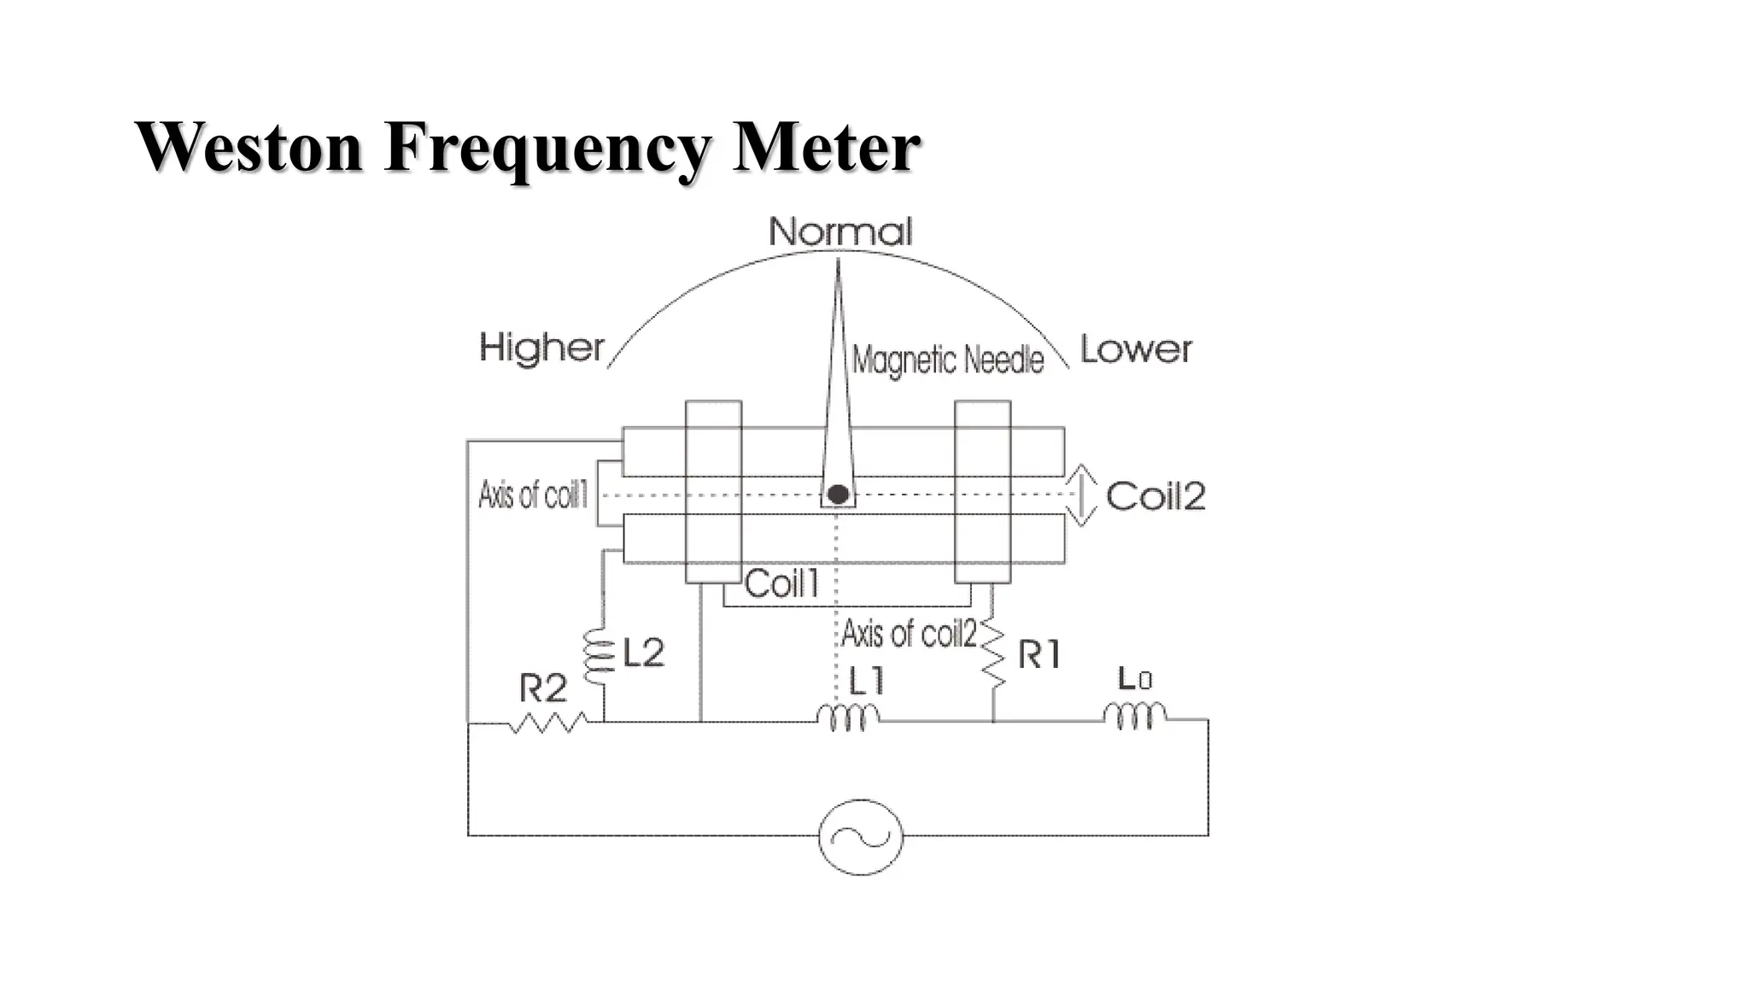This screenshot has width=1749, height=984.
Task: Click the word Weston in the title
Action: click(249, 147)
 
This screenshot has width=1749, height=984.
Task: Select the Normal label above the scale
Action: click(840, 231)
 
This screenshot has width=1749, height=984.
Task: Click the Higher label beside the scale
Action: click(541, 348)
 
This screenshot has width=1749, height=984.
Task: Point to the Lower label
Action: click(1136, 349)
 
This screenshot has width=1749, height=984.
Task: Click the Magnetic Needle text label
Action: click(948, 360)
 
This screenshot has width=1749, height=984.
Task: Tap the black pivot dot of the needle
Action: click(838, 495)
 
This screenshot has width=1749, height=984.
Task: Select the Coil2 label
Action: click(1155, 496)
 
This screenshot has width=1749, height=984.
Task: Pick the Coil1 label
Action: click(781, 584)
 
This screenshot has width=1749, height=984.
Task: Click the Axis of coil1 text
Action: click(533, 495)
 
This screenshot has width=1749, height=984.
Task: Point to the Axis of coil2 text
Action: click(909, 634)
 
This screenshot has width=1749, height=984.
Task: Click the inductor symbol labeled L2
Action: click(600, 658)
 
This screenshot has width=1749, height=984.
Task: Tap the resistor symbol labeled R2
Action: click(547, 723)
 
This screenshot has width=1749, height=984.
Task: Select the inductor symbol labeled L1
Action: click(848, 717)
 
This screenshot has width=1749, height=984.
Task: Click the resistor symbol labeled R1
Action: click(993, 654)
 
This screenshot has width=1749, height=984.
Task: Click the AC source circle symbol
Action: click(860, 836)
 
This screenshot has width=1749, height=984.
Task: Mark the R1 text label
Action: click(1039, 655)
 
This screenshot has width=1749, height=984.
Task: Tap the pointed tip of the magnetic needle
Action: click(838, 263)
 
